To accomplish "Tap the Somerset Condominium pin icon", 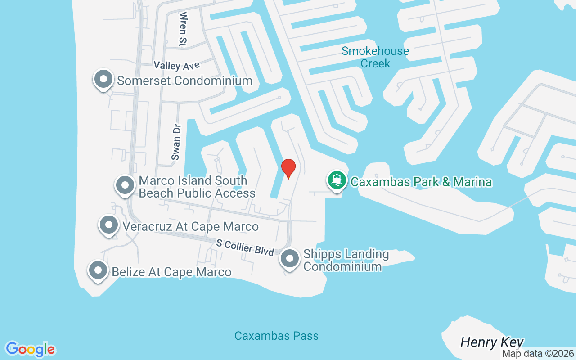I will pyautogui.click(x=103, y=80).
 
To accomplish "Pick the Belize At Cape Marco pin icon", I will pyautogui.click(x=98, y=271).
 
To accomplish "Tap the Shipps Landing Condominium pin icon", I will pyautogui.click(x=290, y=259).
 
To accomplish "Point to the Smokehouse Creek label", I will pyautogui.click(x=375, y=57).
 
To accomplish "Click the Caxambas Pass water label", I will pyautogui.click(x=276, y=336).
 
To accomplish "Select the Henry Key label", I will pyautogui.click(x=492, y=342).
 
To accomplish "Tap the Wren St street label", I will pyautogui.click(x=183, y=29).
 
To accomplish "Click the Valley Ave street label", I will pyautogui.click(x=176, y=66).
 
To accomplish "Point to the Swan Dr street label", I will pyautogui.click(x=175, y=142).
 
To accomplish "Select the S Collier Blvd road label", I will pyautogui.click(x=245, y=247).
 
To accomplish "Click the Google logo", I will pyautogui.click(x=31, y=349).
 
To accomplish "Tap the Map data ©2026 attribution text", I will pyautogui.click(x=538, y=354).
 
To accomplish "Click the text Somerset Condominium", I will pyautogui.click(x=184, y=81).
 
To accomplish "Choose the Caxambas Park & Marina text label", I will pyautogui.click(x=421, y=182).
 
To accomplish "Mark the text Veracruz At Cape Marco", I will pyautogui.click(x=191, y=226).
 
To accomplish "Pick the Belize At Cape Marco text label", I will pyautogui.click(x=171, y=272).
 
